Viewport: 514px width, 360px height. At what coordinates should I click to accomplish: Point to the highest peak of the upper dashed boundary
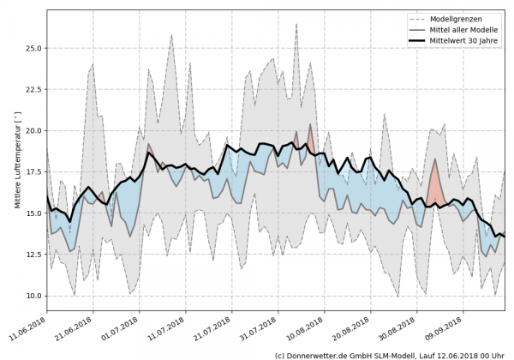click(x=296, y=24)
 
